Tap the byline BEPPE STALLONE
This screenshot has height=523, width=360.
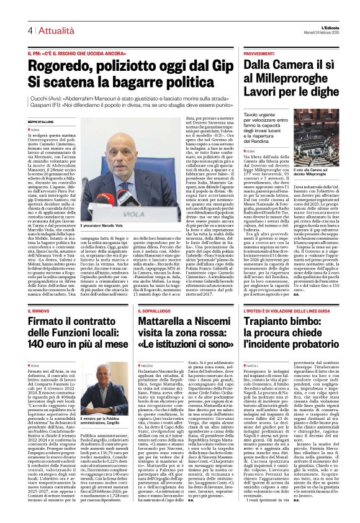coord(40,121)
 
